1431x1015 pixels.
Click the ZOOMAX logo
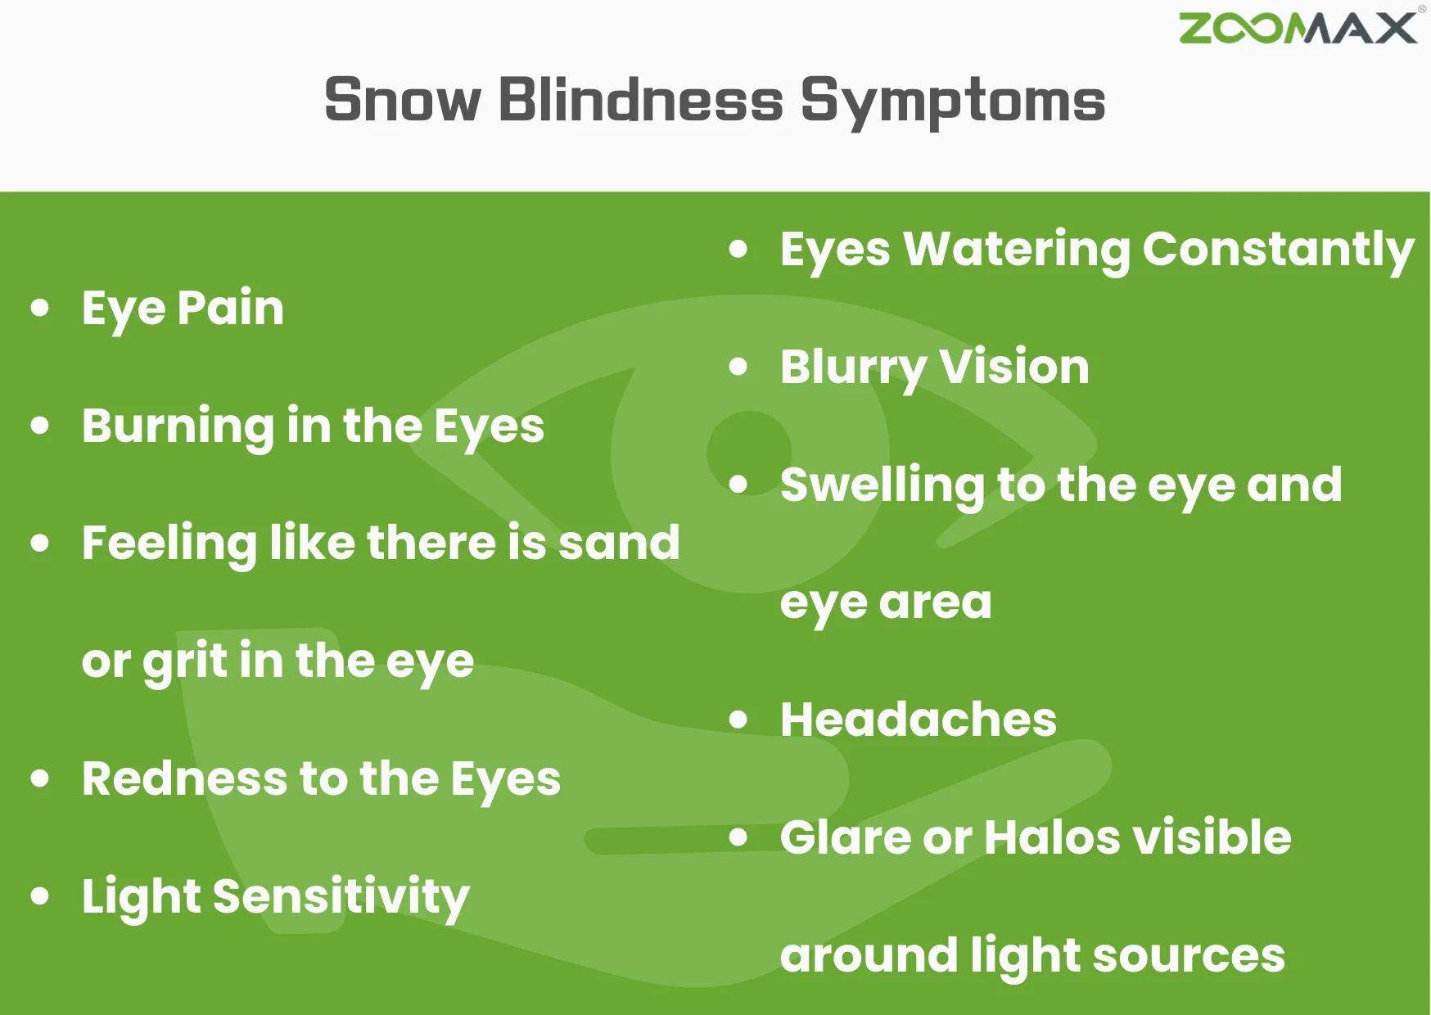pos(1298,29)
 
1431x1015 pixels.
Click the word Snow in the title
pos(403,101)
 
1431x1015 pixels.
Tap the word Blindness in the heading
pos(641,101)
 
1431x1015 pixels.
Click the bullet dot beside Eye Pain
pos(40,309)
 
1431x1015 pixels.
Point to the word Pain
pos(231,309)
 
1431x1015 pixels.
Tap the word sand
pos(619,543)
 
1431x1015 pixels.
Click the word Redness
pos(184,778)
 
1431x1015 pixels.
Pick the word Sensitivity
pos(341,897)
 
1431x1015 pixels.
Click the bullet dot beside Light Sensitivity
pos(40,896)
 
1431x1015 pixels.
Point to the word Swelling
pos(883,485)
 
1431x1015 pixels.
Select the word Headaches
pos(919,720)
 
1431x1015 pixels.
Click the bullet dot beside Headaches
pos(738,720)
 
